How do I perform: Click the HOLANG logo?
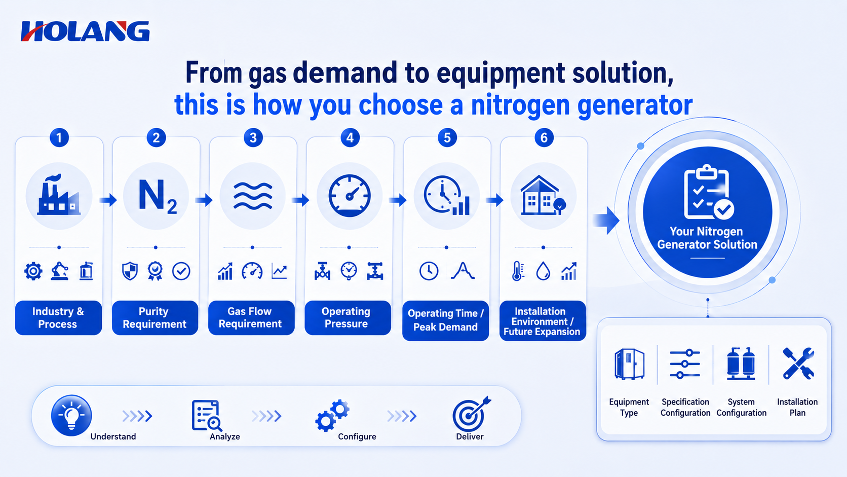point(85,31)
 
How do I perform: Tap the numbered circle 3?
point(253,138)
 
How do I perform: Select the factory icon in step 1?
point(59,195)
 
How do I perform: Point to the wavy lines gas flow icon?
point(253,196)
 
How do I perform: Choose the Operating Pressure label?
point(346,317)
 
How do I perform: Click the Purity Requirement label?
point(155,318)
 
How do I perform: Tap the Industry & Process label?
point(58,318)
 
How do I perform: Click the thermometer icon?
point(517,271)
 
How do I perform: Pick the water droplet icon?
point(543,271)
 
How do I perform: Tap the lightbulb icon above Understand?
point(71,415)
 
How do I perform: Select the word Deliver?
point(470,436)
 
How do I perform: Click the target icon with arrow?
point(471,414)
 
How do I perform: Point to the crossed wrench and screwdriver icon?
point(798,363)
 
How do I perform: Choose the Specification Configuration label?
point(685,408)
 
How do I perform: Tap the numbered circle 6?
point(544,138)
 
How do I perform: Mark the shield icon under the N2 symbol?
point(130,271)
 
